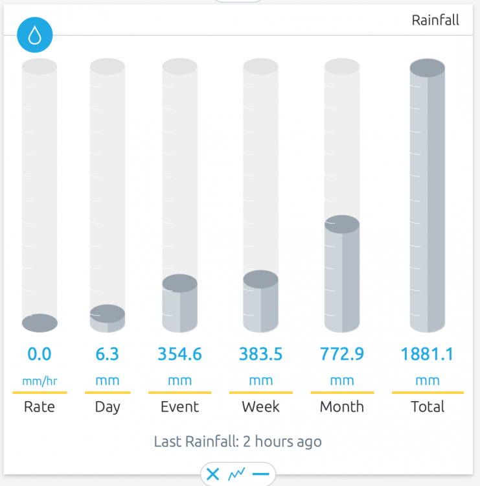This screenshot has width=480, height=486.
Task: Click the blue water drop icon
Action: [35, 36]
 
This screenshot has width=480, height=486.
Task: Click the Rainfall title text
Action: [435, 20]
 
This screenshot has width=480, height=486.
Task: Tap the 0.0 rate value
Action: [39, 354]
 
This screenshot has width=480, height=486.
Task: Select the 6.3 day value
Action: [107, 354]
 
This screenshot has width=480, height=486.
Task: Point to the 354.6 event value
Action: [179, 354]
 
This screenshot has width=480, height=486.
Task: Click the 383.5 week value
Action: [260, 354]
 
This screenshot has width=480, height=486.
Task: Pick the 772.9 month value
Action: [342, 354]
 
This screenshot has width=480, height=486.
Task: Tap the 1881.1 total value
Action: [427, 354]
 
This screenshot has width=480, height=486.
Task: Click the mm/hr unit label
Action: [39, 381]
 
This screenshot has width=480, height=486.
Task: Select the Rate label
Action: [39, 407]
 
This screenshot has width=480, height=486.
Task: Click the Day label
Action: [107, 407]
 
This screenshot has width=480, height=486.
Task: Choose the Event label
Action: [179, 407]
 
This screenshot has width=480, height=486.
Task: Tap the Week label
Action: [260, 407]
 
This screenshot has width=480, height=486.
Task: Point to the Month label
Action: [342, 407]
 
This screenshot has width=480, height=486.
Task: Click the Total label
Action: [428, 407]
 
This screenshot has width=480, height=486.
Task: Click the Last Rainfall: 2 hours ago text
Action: [238, 442]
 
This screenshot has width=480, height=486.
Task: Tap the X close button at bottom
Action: [212, 475]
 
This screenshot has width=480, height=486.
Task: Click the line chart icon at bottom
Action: [236, 475]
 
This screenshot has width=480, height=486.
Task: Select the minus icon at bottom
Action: [260, 475]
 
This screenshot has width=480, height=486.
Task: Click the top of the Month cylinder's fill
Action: [342, 225]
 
